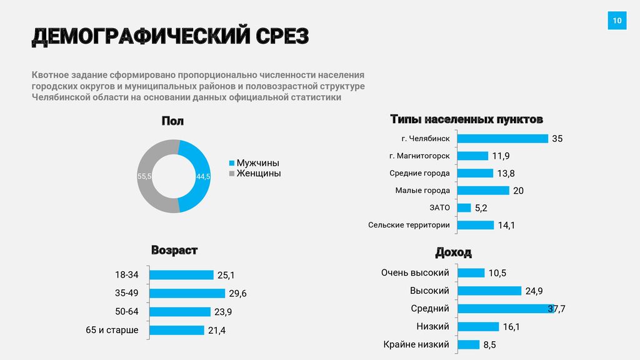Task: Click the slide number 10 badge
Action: pyautogui.click(x=617, y=21)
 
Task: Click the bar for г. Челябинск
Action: pyautogui.click(x=502, y=139)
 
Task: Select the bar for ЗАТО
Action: pyautogui.click(x=464, y=207)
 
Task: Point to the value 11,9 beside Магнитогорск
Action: pyautogui.click(x=501, y=156)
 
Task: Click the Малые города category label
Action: pyautogui.click(x=422, y=191)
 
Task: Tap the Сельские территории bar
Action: pyautogui.click(x=476, y=225)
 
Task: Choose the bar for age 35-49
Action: pyautogui.click(x=187, y=293)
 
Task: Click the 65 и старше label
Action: pyautogui.click(x=112, y=330)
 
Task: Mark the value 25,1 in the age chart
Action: pyautogui.click(x=226, y=275)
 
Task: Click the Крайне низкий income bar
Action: pyautogui.click(x=469, y=344)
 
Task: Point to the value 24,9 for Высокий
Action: pyautogui.click(x=534, y=291)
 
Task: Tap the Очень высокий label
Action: pyautogui.click(x=415, y=272)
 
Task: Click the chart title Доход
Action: pyautogui.click(x=453, y=252)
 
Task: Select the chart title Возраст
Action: pyautogui.click(x=174, y=251)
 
